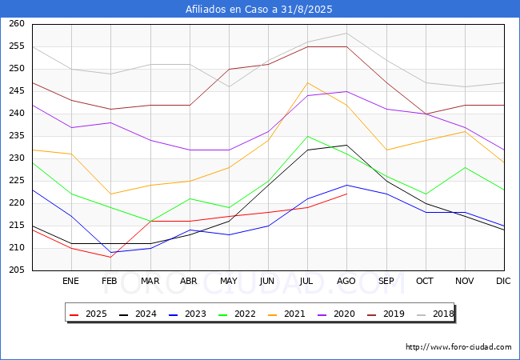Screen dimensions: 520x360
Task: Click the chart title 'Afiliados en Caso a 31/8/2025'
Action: pos(258,10)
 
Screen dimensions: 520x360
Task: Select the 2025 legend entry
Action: pos(88,314)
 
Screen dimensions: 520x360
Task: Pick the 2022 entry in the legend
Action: pos(237,314)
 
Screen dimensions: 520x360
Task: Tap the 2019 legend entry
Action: pos(386,314)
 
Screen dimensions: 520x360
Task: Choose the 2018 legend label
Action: pos(443,314)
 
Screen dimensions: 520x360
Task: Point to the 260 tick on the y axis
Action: pos(17,23)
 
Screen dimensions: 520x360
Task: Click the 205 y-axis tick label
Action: pos(17,270)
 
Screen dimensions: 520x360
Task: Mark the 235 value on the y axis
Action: pos(17,135)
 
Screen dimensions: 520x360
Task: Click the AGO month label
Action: pos(346,281)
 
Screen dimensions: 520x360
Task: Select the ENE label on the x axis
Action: pos(70,281)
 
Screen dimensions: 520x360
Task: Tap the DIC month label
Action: pos(503,281)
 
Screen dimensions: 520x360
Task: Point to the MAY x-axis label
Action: pos(229,281)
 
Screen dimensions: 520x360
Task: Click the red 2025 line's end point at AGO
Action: pos(347,194)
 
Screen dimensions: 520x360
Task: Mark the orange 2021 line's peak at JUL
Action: pos(308,82)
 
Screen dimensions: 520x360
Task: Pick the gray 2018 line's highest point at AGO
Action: pos(347,33)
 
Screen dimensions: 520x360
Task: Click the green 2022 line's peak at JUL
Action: pos(308,136)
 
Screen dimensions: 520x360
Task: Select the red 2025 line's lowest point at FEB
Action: pos(110,257)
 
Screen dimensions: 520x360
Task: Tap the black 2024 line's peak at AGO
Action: pos(347,145)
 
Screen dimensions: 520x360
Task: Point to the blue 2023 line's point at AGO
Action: pos(347,185)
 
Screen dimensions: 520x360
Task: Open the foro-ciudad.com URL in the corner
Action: pos(458,347)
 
